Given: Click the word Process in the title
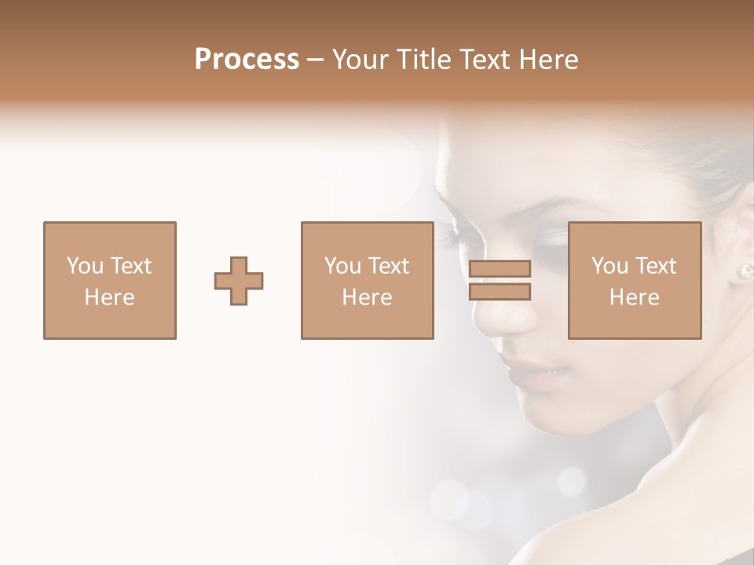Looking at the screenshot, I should [x=247, y=60].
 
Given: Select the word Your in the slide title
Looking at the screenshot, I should [x=360, y=60].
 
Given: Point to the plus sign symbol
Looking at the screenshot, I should [x=239, y=281].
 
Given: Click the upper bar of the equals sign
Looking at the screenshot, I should [x=500, y=268].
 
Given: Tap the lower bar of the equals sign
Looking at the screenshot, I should [x=500, y=292].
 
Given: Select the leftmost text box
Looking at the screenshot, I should [x=110, y=281].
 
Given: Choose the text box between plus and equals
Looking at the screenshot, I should [x=368, y=281].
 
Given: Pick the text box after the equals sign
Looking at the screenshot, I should [x=635, y=281].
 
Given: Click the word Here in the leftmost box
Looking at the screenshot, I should [x=110, y=297].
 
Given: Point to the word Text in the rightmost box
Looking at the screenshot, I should [x=657, y=266].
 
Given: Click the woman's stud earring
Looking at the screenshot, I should [x=744, y=272].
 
